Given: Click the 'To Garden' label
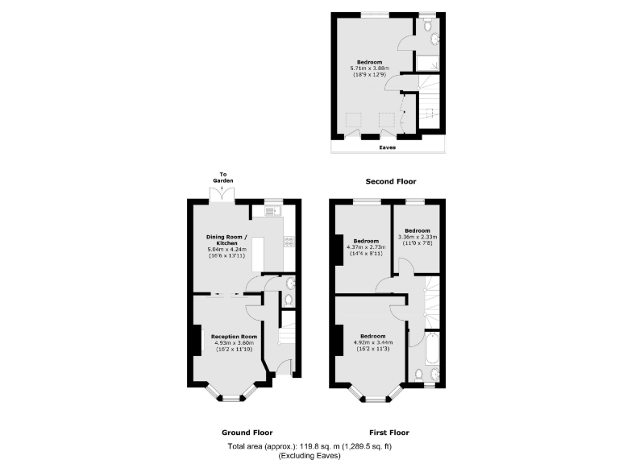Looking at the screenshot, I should pos(224,178).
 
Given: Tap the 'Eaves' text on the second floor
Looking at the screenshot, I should pos(388,147).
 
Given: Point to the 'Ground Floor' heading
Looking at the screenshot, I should pos(247,431).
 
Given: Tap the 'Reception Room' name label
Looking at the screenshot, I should pos(234,336).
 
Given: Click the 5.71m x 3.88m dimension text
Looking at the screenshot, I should pos(369,68).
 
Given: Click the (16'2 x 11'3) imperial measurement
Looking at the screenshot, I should pos(372,348).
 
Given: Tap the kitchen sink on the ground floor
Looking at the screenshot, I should pos(269,212).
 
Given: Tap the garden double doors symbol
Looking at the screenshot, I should pos(219,195).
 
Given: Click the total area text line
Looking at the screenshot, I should pos(309,446).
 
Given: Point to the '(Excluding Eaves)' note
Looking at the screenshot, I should pos(309,456).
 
